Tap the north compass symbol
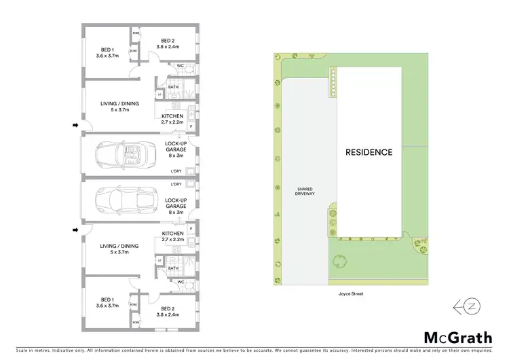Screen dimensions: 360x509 [466, 307]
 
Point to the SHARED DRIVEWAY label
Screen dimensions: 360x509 [304, 191]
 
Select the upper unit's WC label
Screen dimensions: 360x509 [181, 66]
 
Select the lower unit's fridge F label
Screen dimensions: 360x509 [192, 229]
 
